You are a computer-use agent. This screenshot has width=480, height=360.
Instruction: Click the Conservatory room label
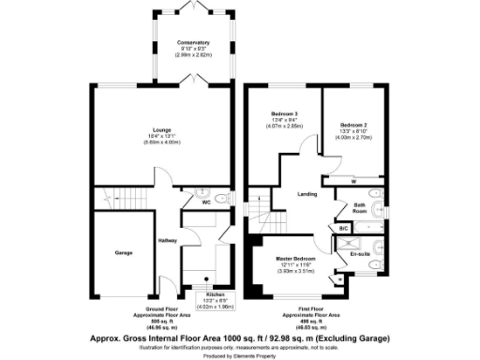(x=193, y=43)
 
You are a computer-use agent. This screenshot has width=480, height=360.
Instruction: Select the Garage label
(x=123, y=252)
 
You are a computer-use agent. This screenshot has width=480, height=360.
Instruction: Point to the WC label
(x=204, y=200)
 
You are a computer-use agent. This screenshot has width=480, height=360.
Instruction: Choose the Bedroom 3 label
(x=282, y=113)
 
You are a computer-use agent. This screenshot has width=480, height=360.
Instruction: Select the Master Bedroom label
(x=294, y=258)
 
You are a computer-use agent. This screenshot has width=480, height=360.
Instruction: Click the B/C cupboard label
(x=343, y=228)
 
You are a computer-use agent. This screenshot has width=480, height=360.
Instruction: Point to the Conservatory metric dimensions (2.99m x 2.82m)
(x=193, y=55)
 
